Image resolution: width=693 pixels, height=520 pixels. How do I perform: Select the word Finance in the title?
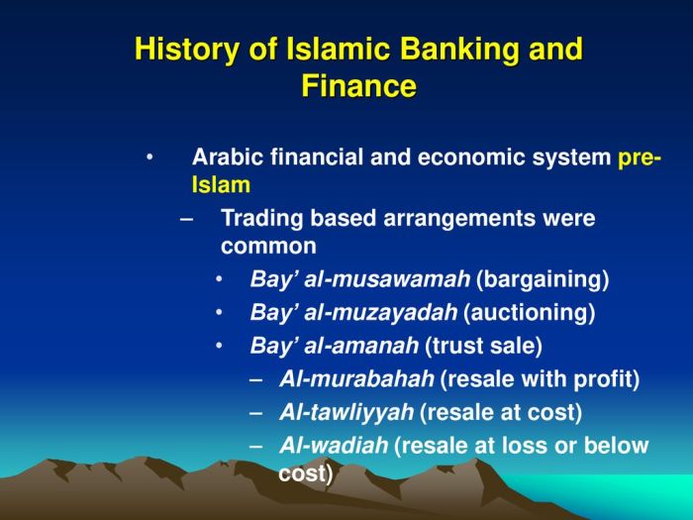tap(358, 86)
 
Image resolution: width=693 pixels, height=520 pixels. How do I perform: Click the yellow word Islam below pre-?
tap(221, 184)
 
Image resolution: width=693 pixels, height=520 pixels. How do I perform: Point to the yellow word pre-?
tap(640, 157)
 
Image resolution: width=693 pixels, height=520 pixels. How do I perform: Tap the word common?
tap(268, 246)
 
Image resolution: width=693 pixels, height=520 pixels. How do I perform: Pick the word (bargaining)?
tap(543, 279)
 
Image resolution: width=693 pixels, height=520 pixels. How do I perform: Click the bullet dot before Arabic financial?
tap(149, 157)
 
